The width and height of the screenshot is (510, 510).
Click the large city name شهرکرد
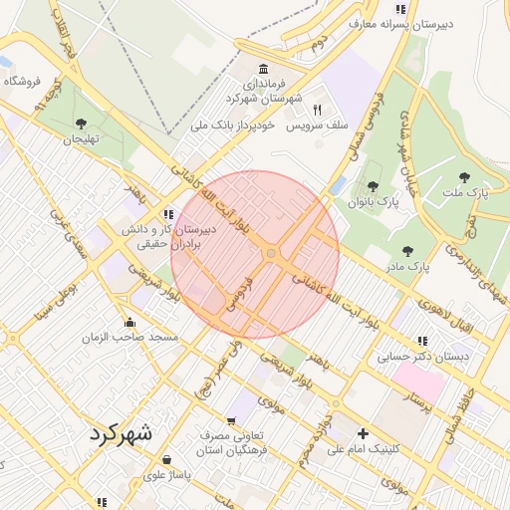click(122, 433)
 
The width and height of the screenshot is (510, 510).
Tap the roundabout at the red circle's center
click(271, 254)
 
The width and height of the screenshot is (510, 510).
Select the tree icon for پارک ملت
click(464, 177)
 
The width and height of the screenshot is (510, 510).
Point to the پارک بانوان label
click(373, 202)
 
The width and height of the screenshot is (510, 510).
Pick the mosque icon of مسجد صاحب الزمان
click(129, 322)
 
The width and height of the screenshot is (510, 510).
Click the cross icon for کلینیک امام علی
click(363, 433)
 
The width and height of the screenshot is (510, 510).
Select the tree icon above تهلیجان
click(81, 124)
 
